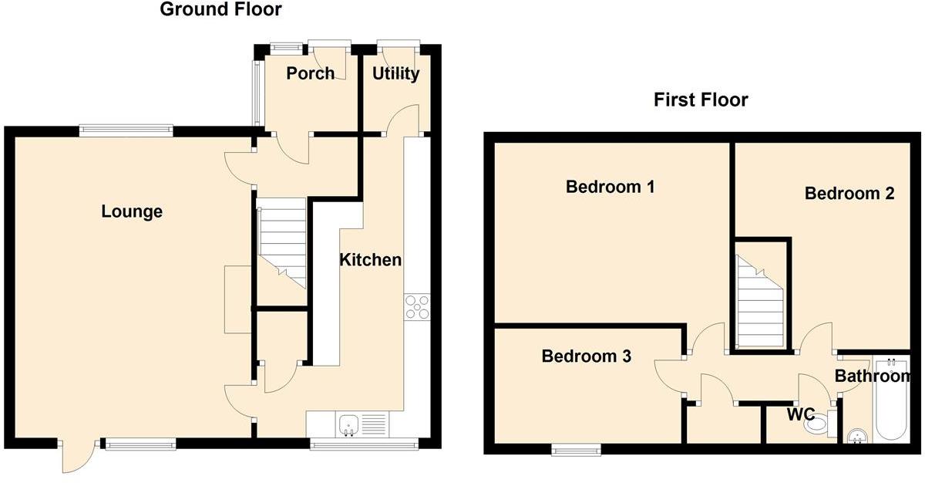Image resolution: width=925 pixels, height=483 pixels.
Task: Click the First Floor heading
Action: [701, 100]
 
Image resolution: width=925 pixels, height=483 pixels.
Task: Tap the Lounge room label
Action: [132, 211]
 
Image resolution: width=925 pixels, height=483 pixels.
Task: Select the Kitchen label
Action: [371, 260]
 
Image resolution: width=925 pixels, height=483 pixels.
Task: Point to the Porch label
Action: [310, 73]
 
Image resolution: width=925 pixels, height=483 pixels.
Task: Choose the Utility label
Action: [395, 73]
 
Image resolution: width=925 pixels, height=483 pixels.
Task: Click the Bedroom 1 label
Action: [610, 187]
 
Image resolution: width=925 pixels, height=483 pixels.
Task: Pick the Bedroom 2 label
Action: [849, 194]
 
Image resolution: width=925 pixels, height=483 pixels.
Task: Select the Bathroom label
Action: [873, 377]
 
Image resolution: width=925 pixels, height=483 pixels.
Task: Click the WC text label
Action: [801, 415]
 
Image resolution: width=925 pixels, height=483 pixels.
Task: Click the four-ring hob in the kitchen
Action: [417, 306]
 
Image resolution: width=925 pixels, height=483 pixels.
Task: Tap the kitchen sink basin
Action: [348, 424]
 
